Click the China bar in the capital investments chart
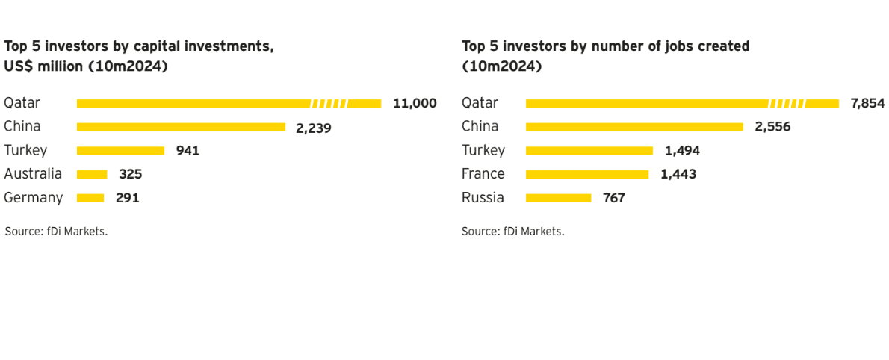181,127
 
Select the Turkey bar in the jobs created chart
589,151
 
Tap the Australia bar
92,175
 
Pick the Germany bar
90,198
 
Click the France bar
587,175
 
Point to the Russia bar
559,198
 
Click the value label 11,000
415,103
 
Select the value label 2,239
314,128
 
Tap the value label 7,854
867,103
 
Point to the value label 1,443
678,175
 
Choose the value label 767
614,199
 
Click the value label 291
128,199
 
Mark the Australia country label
33,174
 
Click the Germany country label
34,199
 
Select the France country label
483,174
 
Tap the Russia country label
483,198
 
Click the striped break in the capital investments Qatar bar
329,103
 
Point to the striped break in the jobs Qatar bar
787,103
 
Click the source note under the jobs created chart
513,232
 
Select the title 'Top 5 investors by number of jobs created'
606,46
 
